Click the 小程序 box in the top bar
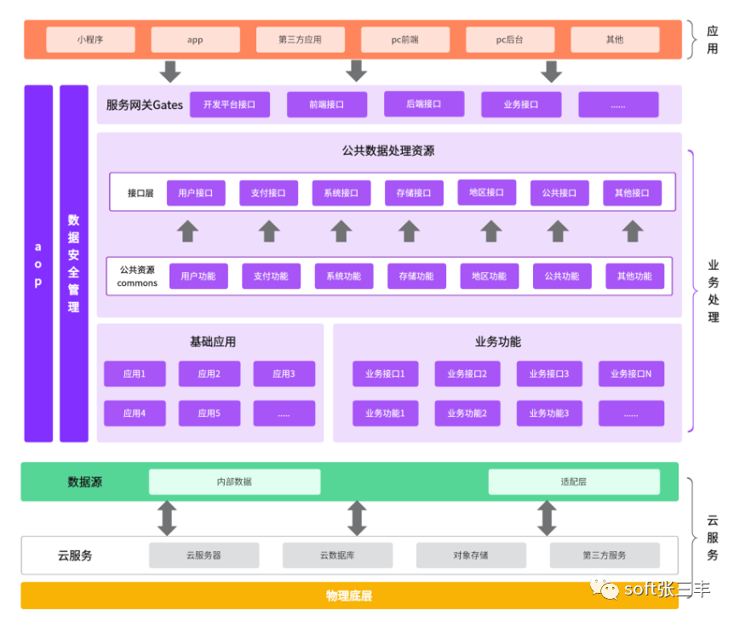coord(90,39)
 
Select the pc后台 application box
coord(509,39)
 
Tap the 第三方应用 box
coord(300,39)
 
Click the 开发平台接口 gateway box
coord(229,105)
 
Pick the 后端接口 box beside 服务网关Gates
coord(423,104)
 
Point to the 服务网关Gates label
coord(144,105)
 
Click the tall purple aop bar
coord(38,264)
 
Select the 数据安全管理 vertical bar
coord(74,264)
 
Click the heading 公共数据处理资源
coord(388,151)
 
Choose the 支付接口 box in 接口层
coord(268,193)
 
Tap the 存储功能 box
coord(416,276)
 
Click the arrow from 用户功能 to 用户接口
coord(187,231)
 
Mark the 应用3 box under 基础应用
coord(284,373)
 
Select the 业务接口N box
coord(631,373)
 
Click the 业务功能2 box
coord(467,413)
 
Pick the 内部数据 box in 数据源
coord(234,481)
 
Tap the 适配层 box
coord(573,481)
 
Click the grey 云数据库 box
coord(337,555)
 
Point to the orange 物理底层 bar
coord(349,595)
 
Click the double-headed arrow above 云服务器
coord(167,517)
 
